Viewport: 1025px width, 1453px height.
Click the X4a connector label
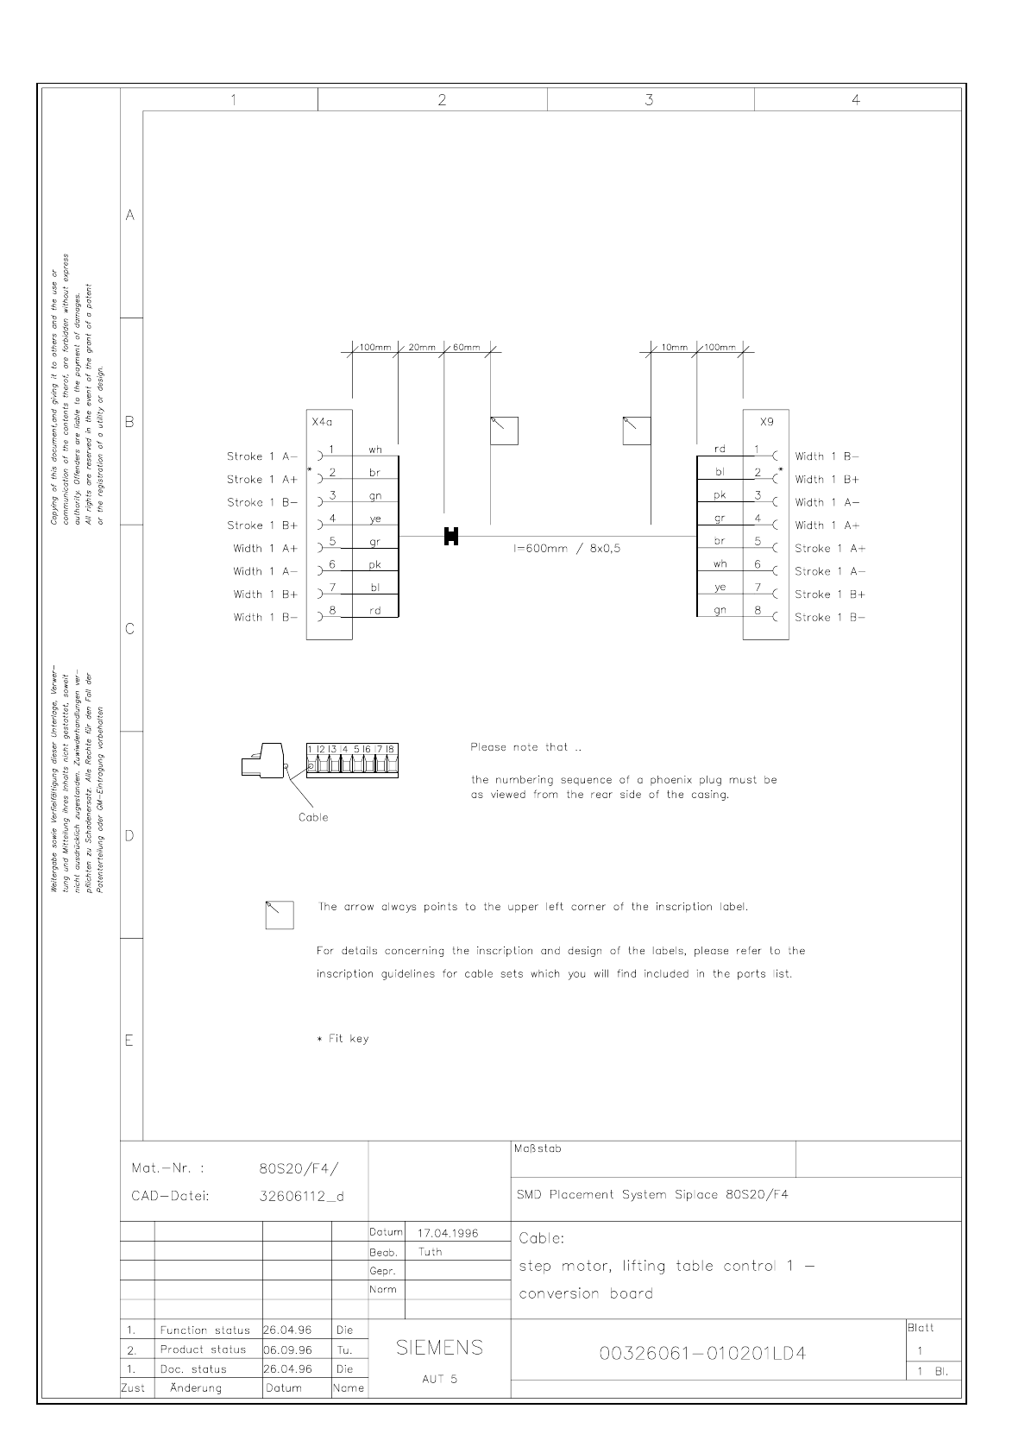(x=321, y=423)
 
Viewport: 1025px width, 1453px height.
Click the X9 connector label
(x=766, y=423)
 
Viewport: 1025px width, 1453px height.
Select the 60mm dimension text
(x=466, y=348)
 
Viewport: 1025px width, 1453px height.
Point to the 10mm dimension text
(x=674, y=348)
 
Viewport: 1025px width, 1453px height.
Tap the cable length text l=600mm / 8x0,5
(x=567, y=549)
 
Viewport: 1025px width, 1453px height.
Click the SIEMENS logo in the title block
(x=439, y=1348)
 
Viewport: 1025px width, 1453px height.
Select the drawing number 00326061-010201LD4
(x=702, y=1353)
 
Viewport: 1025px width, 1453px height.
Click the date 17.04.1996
(x=449, y=1233)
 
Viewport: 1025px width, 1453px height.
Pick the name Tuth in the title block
(x=430, y=1252)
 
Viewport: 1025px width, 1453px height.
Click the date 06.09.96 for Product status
(x=287, y=1349)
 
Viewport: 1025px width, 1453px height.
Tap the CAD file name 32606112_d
(x=301, y=1197)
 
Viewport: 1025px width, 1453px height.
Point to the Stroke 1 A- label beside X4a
(x=262, y=456)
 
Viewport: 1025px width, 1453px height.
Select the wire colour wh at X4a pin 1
(x=375, y=450)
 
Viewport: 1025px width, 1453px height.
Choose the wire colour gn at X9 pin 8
(x=720, y=610)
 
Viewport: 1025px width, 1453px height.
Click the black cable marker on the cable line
(x=450, y=537)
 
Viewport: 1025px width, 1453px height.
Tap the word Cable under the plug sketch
(x=313, y=817)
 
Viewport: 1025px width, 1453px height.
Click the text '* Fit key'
(x=343, y=1039)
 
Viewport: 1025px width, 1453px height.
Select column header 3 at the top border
(x=650, y=100)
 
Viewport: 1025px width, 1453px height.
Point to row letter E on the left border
(x=129, y=1041)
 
